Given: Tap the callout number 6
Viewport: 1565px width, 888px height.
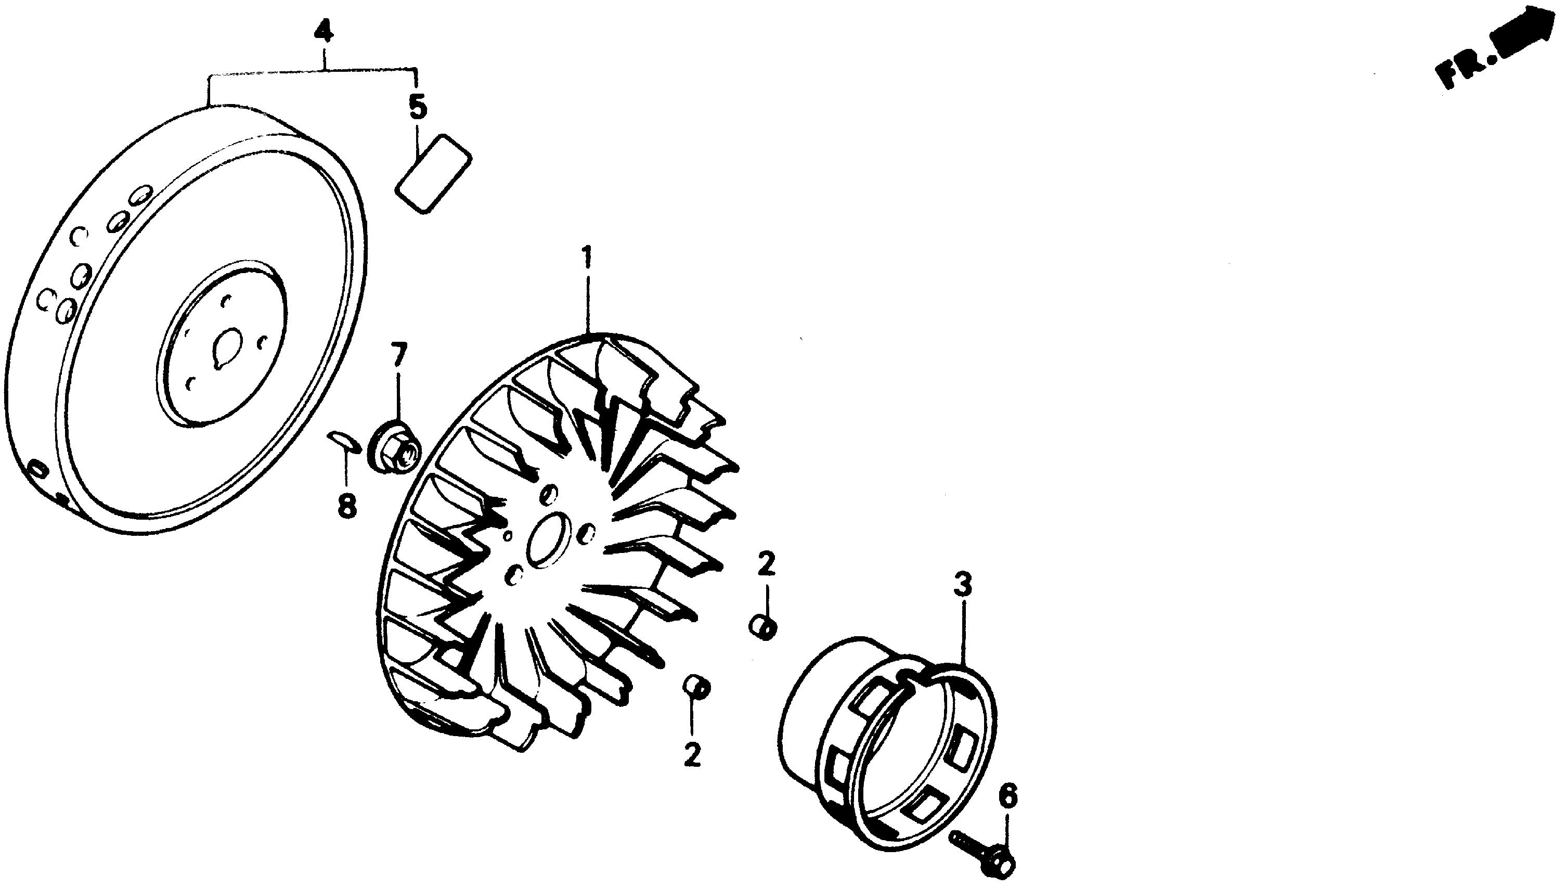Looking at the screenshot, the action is pos(1007,796).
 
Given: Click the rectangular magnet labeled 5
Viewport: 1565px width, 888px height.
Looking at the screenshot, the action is pos(433,174).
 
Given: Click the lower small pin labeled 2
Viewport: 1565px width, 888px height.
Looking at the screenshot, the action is pos(697,687).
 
